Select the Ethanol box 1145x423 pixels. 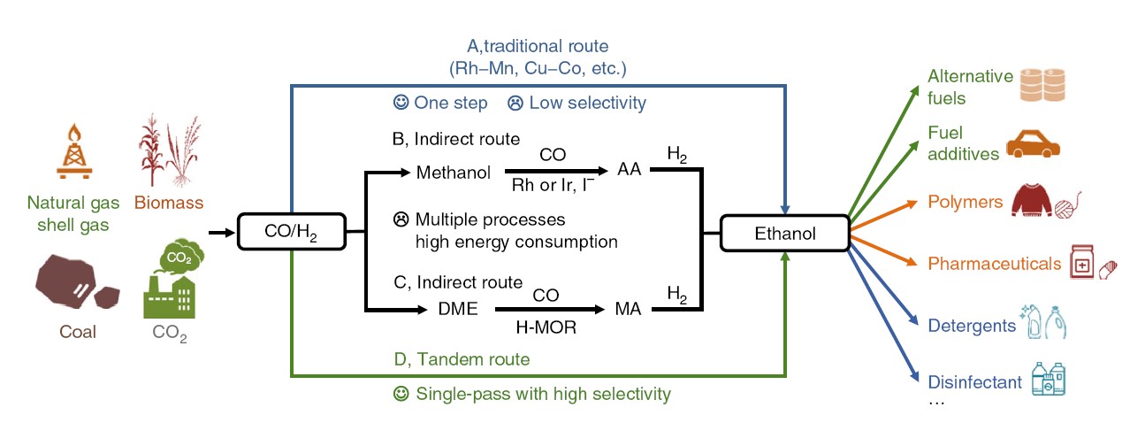[x=785, y=235]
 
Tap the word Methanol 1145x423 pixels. [x=454, y=172]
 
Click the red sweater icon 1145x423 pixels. [x=1034, y=202]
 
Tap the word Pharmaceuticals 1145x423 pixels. [x=995, y=264]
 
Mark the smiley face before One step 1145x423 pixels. [x=401, y=104]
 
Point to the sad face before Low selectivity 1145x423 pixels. [x=515, y=104]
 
